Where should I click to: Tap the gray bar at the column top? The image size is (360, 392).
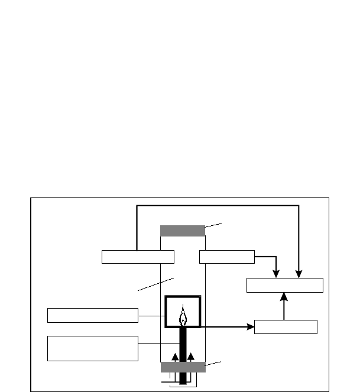(183, 231)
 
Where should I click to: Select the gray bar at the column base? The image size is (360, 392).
(183, 367)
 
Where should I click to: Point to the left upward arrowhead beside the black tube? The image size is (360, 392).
(174, 357)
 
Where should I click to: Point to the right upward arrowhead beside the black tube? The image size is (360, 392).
(191, 357)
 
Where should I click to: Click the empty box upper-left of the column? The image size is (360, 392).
(138, 257)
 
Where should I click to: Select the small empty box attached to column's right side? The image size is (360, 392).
(227, 257)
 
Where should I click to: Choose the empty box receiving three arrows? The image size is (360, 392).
(284, 284)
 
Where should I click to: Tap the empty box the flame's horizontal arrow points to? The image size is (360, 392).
(286, 327)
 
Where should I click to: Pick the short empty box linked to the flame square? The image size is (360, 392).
(92, 315)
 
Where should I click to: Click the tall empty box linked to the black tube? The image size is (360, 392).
(92, 348)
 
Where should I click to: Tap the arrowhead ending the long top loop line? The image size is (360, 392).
(299, 274)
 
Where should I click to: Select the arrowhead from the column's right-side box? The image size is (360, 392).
(275, 274)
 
